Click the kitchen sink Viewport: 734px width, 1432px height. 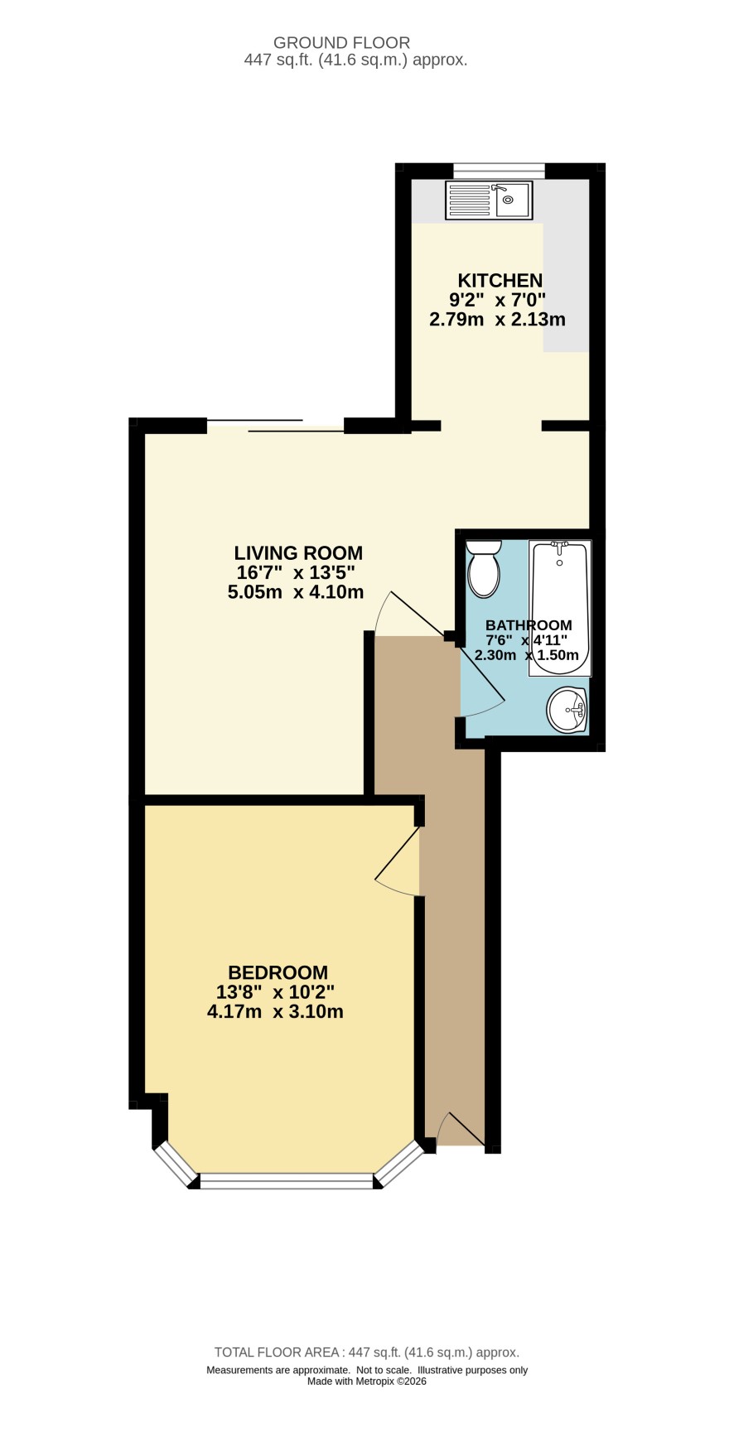[489, 200]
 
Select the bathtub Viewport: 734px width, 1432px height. [560, 609]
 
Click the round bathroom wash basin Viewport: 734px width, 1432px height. [567, 710]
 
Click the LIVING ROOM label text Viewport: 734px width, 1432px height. [298, 553]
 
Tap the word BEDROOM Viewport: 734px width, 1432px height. [278, 972]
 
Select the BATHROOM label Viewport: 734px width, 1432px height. [529, 625]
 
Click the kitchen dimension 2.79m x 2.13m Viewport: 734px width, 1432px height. [497, 319]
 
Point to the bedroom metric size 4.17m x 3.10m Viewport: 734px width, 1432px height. [275, 1011]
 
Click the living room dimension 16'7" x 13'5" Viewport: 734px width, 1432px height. [296, 572]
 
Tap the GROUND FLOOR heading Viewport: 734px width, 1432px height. [342, 43]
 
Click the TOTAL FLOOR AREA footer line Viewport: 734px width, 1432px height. [367, 1352]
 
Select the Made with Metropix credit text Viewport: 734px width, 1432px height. [367, 1381]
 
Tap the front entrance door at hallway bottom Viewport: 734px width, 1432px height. [461, 1130]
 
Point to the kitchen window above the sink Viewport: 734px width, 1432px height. [499, 171]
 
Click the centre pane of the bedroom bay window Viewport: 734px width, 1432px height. [287, 1181]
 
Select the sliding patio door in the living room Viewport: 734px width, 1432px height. [275, 426]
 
